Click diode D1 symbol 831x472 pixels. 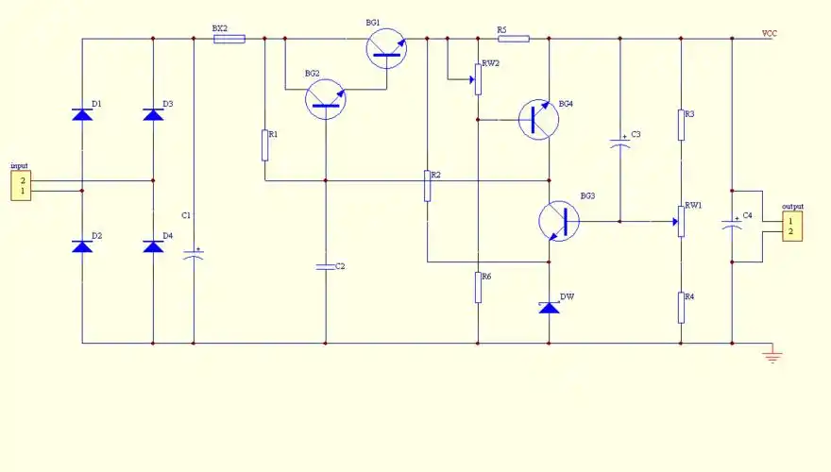tap(82, 115)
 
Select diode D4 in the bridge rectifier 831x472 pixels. tap(153, 246)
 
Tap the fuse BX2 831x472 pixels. tap(229, 39)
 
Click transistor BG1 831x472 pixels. tap(387, 47)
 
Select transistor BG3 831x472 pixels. tap(558, 221)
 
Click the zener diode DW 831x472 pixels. tap(549, 307)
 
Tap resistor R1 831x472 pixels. tap(264, 145)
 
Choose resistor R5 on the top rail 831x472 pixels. tap(514, 39)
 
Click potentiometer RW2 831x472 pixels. tap(478, 80)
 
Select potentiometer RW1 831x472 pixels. tap(681, 222)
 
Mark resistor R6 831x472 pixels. tap(478, 287)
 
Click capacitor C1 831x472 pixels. tap(194, 256)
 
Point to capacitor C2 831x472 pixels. tap(326, 267)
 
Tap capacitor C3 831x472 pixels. tap(620, 144)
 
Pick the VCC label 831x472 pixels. tap(770, 34)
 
